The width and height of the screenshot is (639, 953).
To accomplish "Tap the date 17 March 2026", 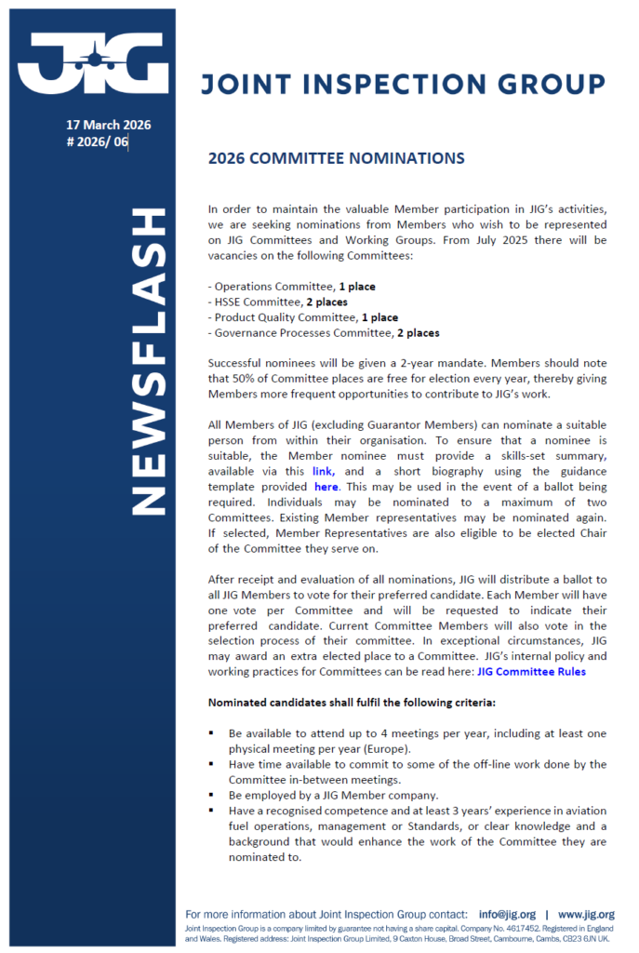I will click(108, 125).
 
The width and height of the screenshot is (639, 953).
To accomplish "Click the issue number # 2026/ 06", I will click(97, 141).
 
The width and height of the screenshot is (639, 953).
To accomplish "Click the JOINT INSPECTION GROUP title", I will click(403, 85).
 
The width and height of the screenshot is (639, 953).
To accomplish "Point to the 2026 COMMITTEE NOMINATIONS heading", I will click(336, 158).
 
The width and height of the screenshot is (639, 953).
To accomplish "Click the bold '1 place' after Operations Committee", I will click(357, 287).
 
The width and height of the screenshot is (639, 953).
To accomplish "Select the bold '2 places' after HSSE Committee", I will click(326, 302).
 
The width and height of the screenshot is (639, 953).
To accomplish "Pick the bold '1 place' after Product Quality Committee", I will click(379, 317).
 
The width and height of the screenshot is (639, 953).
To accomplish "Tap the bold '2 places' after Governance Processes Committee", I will click(418, 332).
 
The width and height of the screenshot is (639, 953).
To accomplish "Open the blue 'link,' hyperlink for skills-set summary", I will click(324, 473).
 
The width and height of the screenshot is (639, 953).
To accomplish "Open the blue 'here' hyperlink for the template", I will click(326, 488).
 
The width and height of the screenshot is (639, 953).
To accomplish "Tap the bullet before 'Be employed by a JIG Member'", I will click(212, 796).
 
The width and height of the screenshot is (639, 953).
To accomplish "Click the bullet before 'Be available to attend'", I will click(212, 734).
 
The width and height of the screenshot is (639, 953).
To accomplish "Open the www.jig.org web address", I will click(586, 915).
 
